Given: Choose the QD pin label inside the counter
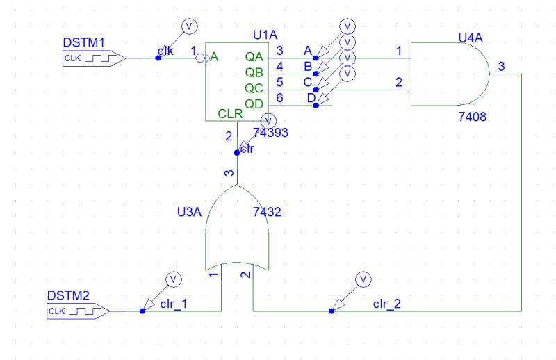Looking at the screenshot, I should point(254,103).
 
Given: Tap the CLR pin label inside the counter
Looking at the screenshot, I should point(230,113).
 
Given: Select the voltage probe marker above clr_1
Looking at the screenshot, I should point(174,279).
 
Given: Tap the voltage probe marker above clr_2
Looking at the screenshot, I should point(361,279).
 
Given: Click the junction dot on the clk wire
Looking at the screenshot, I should point(158,58).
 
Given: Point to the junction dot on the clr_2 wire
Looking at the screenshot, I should point(332,312).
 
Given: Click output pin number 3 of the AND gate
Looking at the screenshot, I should point(502,66).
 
